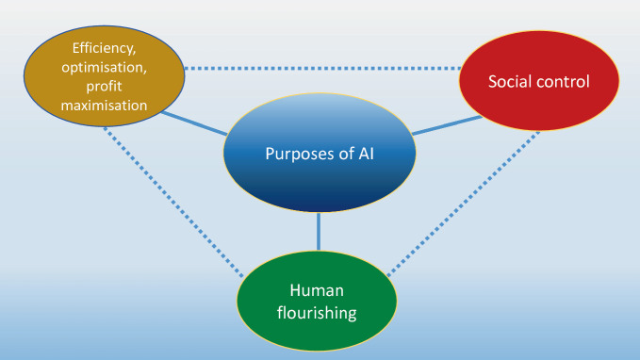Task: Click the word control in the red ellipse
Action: coord(564,81)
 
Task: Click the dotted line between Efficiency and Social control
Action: coord(320,68)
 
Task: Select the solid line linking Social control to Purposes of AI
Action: coord(443,125)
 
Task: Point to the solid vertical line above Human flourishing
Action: coord(319,231)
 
